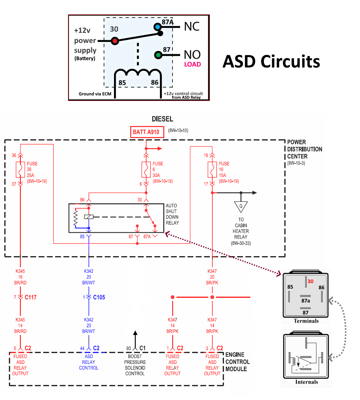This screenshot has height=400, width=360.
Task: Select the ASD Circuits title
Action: tap(271, 61)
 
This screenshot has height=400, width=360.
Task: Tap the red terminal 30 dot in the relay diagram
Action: tap(115, 40)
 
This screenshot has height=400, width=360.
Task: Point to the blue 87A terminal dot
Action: tap(158, 27)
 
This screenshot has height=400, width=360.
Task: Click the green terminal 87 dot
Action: tap(158, 55)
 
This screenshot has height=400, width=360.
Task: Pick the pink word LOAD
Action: tap(192, 64)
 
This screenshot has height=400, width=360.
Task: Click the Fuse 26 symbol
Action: tap(20, 170)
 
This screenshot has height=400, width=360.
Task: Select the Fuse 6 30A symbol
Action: tap(146, 170)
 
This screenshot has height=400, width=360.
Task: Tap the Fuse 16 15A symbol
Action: tap(212, 170)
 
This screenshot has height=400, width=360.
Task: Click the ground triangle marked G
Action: tap(241, 206)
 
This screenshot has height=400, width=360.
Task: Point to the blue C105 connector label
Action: tap(99, 297)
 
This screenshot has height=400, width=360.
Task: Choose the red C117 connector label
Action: tap(31, 297)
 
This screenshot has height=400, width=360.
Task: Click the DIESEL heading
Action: tap(162, 119)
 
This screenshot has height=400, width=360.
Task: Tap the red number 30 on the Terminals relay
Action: tap(310, 281)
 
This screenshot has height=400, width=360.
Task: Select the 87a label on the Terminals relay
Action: tap(305, 301)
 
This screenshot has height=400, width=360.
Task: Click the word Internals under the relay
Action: tap(306, 382)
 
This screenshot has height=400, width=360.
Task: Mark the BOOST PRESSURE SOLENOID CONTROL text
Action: tap(135, 365)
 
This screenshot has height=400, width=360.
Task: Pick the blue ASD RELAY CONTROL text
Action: tap(89, 362)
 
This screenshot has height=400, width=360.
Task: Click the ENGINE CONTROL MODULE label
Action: tap(237, 362)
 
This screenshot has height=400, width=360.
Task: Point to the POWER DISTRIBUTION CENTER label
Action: tap(305, 149)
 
